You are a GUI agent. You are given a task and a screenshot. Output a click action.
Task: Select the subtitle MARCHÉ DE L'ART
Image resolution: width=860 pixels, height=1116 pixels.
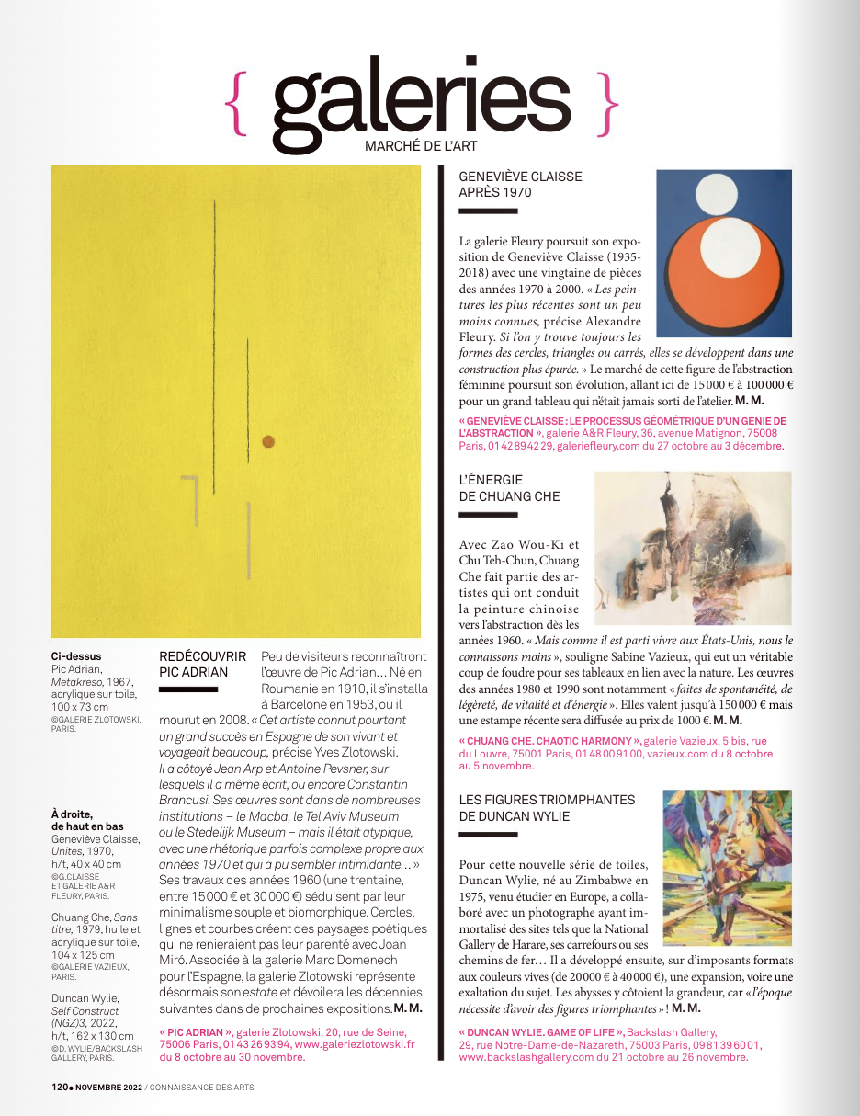pos(421,147)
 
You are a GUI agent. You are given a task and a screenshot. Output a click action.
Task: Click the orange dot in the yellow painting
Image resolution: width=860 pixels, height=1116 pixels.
pos(268,441)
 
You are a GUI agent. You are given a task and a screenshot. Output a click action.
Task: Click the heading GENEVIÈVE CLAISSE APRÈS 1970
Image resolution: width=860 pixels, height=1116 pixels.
pos(520,185)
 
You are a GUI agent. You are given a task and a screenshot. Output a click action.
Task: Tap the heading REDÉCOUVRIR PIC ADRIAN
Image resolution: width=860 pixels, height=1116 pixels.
pos(203,664)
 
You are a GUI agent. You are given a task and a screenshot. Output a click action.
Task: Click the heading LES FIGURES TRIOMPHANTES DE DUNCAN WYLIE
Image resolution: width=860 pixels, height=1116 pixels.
pos(547,808)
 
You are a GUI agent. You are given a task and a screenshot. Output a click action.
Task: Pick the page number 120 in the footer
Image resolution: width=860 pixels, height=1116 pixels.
pos(60,1087)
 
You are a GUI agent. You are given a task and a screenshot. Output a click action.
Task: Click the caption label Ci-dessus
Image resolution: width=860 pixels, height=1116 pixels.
pos(76,656)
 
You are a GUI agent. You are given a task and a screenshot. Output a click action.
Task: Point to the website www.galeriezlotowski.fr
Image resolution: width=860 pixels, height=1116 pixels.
pos(354,1044)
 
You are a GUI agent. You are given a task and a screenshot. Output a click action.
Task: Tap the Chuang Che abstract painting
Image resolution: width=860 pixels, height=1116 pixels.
pos(693,548)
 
